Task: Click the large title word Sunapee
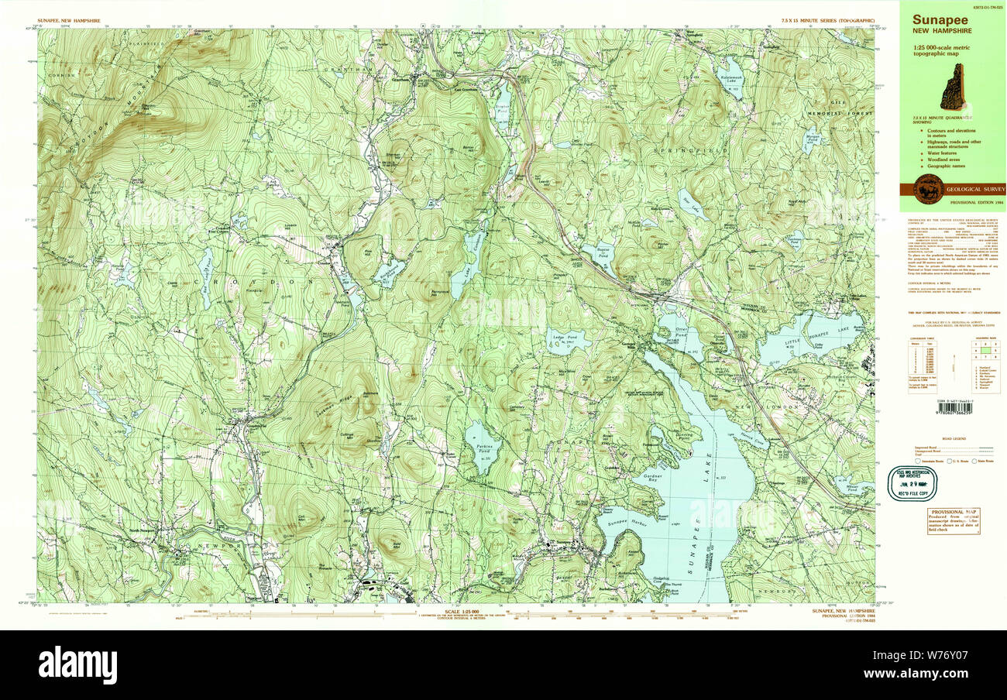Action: pos(940,20)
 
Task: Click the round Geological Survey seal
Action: pos(929,189)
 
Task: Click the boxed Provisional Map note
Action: pos(954,521)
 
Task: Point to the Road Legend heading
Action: pos(954,439)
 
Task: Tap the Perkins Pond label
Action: pos(485,448)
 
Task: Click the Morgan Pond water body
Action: pos(812,139)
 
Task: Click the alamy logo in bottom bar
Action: pos(78,664)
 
